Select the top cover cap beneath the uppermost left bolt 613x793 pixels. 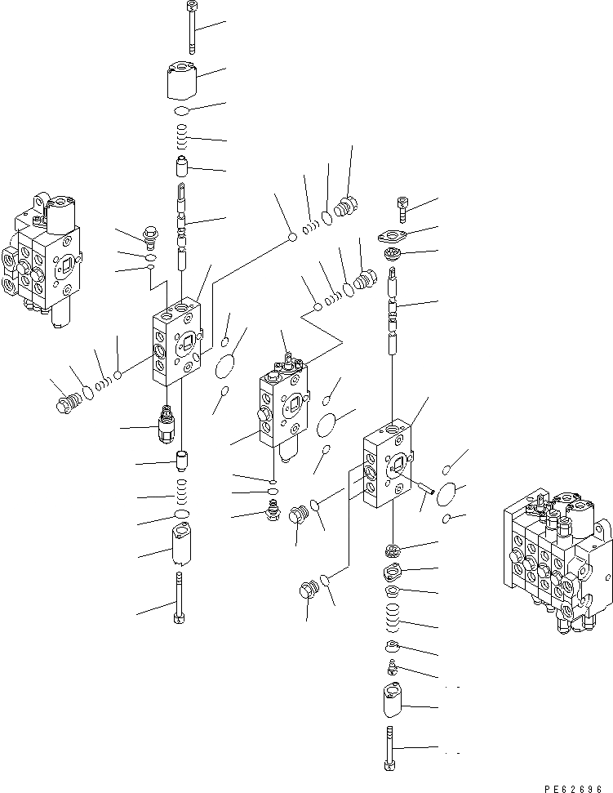[181, 80]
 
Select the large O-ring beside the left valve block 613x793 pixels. [229, 365]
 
